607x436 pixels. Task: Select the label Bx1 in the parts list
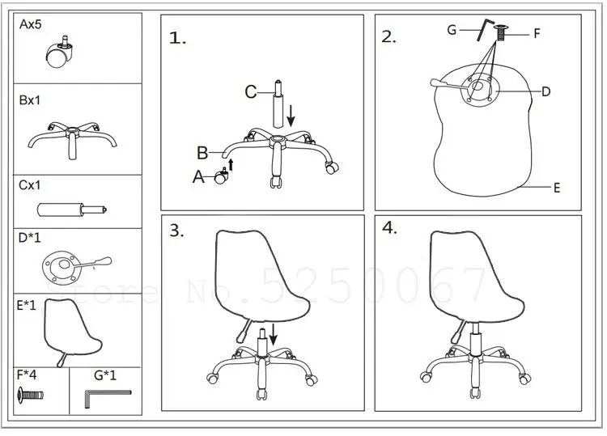pos(31,101)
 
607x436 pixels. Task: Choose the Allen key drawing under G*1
pos(105,395)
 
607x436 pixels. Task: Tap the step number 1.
pos(178,37)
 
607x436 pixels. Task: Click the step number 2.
pos(389,36)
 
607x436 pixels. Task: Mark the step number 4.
pos(390,227)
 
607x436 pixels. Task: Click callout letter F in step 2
pos(536,34)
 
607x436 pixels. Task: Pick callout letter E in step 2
pos(557,188)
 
